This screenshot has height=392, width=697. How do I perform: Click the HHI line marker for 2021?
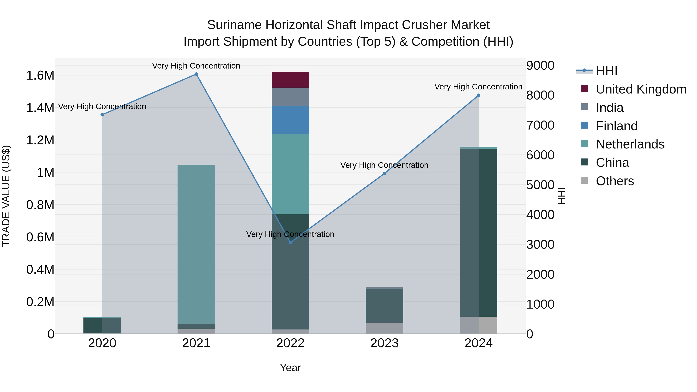tap(196, 74)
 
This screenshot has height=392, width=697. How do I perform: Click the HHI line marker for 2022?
tap(290, 242)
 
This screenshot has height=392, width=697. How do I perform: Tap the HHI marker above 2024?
tap(478, 95)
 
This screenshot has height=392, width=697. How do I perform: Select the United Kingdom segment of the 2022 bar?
tap(290, 80)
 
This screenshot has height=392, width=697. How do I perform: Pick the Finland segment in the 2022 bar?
tap(290, 120)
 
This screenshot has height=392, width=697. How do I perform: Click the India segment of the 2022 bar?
tap(290, 97)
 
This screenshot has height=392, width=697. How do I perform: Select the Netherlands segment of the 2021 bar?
tap(196, 244)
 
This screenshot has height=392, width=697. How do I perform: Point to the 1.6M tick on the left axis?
tap(40, 75)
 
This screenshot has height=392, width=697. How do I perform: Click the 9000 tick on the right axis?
tap(540, 65)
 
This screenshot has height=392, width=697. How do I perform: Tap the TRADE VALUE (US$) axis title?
tap(6, 196)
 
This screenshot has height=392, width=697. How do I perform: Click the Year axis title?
tap(290, 368)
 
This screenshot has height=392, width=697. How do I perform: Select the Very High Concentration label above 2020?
tap(102, 107)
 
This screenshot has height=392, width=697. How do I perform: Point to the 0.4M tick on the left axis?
tap(40, 270)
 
